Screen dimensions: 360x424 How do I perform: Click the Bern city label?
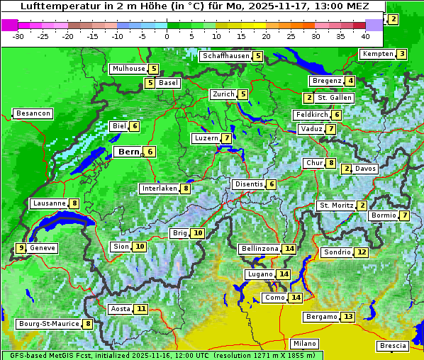pos(128,152)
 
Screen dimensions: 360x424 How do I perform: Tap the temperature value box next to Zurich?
pos(243,94)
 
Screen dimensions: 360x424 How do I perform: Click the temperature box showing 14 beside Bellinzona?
pos(289,249)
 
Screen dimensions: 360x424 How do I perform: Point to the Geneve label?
pos(43,248)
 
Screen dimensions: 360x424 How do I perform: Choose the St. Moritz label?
pos(336,206)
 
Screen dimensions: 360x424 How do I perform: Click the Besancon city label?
pos(33,113)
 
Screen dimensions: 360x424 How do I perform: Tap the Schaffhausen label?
pos(225,56)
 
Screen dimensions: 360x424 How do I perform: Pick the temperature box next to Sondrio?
pos(362,252)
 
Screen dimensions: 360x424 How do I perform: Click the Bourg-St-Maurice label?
pos(48,324)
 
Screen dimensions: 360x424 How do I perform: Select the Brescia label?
pos(393,346)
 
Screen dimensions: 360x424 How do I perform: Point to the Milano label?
pos(305,343)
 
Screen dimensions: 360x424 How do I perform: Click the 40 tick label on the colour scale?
pos(365,35)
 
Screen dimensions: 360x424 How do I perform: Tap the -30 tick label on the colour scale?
pos(19,35)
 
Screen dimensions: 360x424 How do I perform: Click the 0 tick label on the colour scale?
pos(167,35)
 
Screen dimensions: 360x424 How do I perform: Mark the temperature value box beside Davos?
pos(347,169)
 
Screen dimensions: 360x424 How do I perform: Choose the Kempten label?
pos(376,54)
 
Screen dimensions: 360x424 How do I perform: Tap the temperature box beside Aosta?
pos(142,309)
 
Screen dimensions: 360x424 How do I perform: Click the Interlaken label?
pos(159,189)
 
